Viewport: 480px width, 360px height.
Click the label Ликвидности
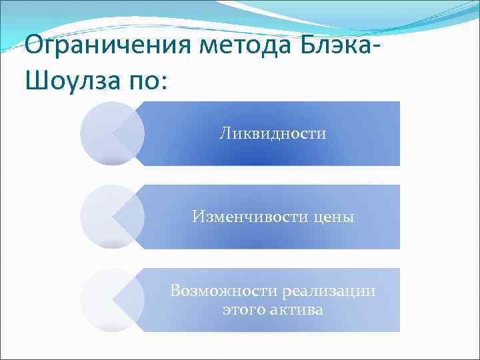tap(273, 133)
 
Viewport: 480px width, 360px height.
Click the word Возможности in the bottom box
tap(225, 291)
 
